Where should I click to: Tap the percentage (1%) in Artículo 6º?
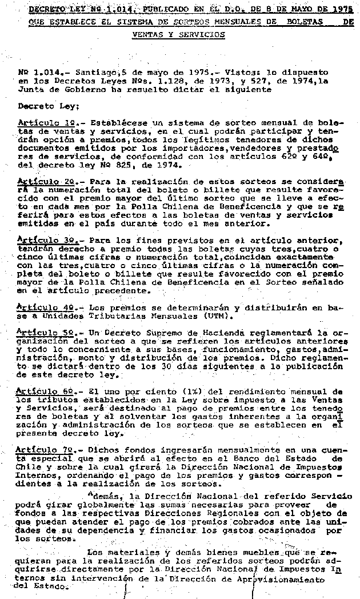[x=170, y=391]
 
